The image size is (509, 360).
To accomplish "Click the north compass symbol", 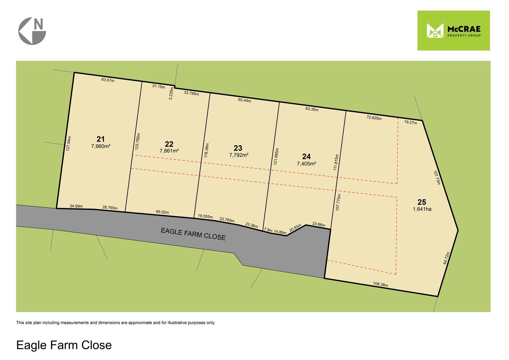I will click(x=32, y=31).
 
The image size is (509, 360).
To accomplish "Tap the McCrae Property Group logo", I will click(x=453, y=31).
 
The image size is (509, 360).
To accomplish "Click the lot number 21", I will click(x=101, y=139).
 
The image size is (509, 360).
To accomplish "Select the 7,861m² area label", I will click(x=169, y=151).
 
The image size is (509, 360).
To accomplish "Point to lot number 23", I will click(x=238, y=148).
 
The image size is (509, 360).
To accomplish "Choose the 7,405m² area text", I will click(x=306, y=163).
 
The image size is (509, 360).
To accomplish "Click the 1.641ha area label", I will click(x=422, y=209).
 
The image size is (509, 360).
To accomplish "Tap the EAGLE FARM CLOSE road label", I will click(x=193, y=234).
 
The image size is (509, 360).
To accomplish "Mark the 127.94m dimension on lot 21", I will click(x=68, y=144).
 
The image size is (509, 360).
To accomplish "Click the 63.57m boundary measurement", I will click(x=108, y=80).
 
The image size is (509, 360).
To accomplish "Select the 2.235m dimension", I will click(x=171, y=93).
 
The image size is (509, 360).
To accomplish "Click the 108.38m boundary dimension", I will click(x=380, y=285).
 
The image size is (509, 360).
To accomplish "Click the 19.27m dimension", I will click(x=410, y=122).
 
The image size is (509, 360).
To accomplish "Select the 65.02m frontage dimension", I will click(x=162, y=212).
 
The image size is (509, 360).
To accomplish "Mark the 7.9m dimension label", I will click(x=268, y=230).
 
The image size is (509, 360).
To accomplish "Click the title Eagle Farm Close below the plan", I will click(x=64, y=345).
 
